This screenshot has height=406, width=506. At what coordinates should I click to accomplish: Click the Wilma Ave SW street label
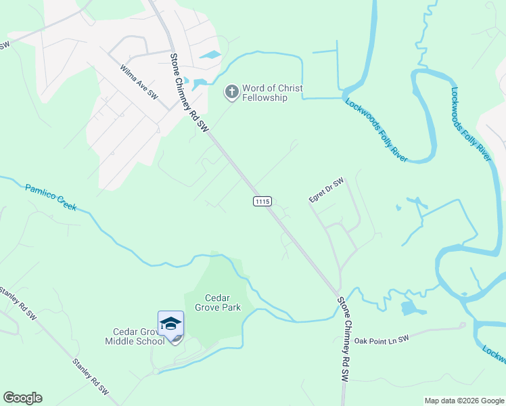coord(139,83)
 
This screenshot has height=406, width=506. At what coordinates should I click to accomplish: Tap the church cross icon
coord(231,92)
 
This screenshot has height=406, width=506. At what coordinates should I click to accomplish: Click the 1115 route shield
coord(262,201)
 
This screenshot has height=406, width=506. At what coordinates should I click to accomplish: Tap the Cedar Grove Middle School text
coord(135,336)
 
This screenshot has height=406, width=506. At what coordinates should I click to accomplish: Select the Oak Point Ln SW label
coord(383,339)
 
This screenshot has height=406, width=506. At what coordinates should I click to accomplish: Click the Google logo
coord(22,398)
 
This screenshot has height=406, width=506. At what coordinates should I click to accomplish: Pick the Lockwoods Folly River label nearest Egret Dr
coord(376,130)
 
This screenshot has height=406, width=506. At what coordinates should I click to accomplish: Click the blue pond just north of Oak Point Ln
coord(409,309)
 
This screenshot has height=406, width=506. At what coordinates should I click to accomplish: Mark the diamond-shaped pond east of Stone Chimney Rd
coord(210,54)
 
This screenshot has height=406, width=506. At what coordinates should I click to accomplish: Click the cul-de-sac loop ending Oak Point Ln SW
coord(463,325)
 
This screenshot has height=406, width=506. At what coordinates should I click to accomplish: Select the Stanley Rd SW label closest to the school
coord(91,376)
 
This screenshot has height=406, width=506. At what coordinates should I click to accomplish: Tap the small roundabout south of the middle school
coord(158,371)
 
